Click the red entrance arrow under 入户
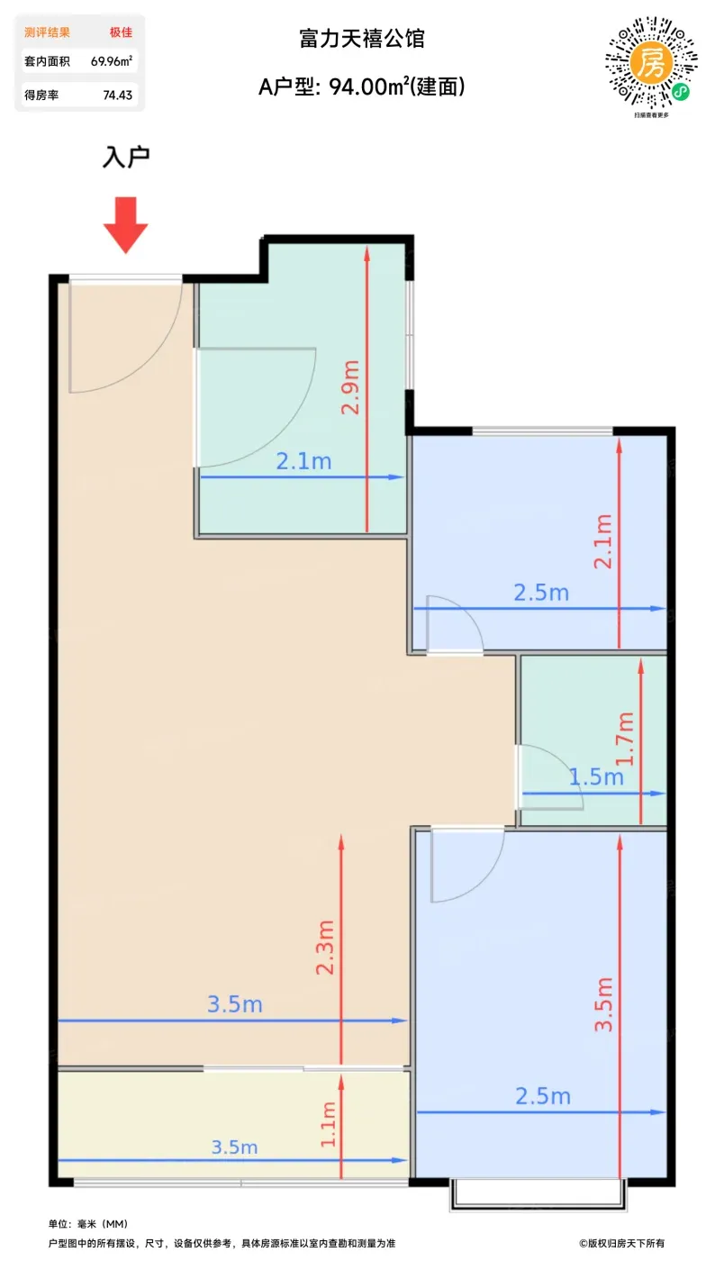[125, 224]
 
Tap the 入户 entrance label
[125, 157]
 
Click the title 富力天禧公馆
[361, 39]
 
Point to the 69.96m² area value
[112, 61]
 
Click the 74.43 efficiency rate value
[118, 95]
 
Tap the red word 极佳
[121, 32]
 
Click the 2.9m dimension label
[350, 387]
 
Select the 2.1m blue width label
[303, 461]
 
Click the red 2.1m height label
[603, 541]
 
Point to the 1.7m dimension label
[626, 739]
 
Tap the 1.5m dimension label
[596, 777]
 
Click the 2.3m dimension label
[325, 948]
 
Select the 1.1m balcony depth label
[328, 1124]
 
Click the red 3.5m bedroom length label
[603, 1004]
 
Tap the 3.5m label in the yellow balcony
[234, 1148]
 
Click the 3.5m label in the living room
[235, 1004]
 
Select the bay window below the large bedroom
[538, 1194]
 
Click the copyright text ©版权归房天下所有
[622, 1243]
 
